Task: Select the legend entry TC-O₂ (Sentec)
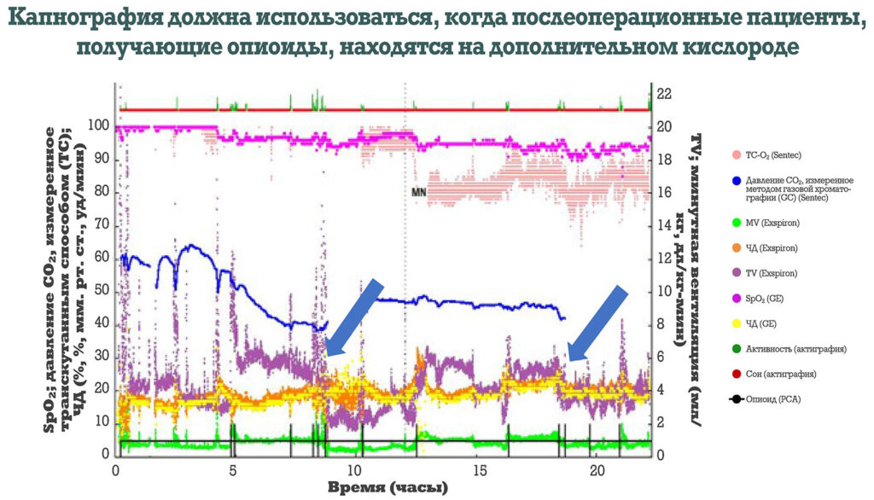click(766, 154)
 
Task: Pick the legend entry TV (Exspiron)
click(766, 274)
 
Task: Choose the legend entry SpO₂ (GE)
click(762, 299)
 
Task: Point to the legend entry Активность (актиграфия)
click(789, 349)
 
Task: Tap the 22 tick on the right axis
click(665, 94)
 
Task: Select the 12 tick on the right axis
click(665, 258)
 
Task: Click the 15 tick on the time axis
click(482, 470)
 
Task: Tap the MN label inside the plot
click(418, 193)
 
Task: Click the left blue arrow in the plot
click(353, 317)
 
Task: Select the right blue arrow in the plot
click(597, 324)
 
